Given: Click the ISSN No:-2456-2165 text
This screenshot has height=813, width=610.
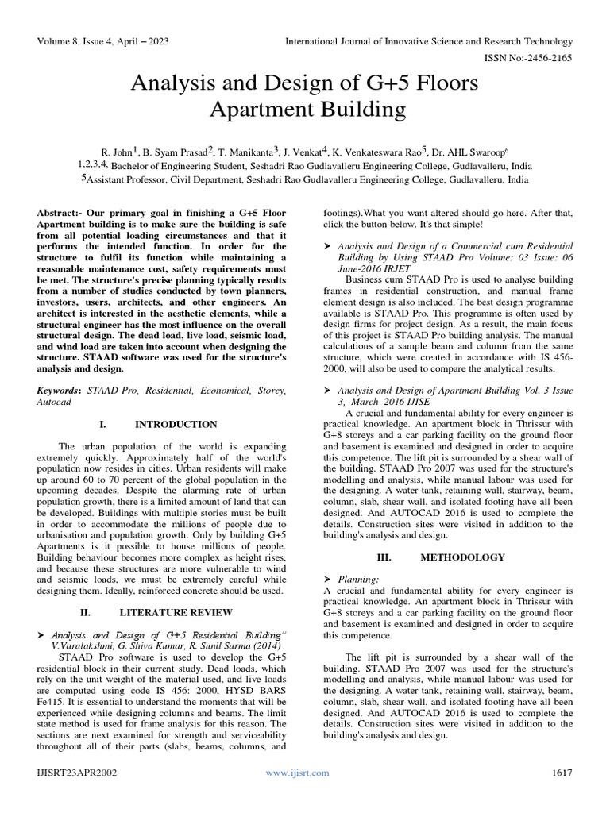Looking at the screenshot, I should point(528,58).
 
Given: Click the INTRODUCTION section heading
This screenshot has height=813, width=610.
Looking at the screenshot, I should point(176,425).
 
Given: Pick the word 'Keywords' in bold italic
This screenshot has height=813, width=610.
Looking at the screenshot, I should point(58,391).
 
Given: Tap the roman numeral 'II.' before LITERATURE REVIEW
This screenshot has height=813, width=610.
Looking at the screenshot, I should point(88,612).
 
